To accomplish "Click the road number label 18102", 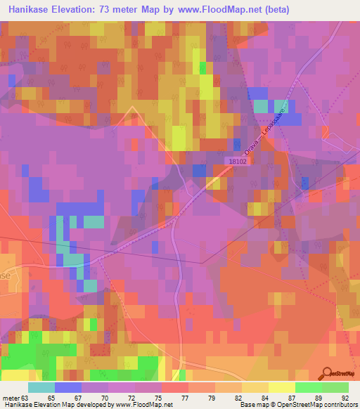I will click(238, 161).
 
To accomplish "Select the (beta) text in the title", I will click(274, 10).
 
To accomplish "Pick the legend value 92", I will click(345, 398).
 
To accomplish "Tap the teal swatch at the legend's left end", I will click(41, 387).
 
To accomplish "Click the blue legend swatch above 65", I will click(68, 387).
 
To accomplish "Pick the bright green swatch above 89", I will click(309, 387).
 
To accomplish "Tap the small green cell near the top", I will click(203, 67).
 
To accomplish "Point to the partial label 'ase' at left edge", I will click(6, 276).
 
